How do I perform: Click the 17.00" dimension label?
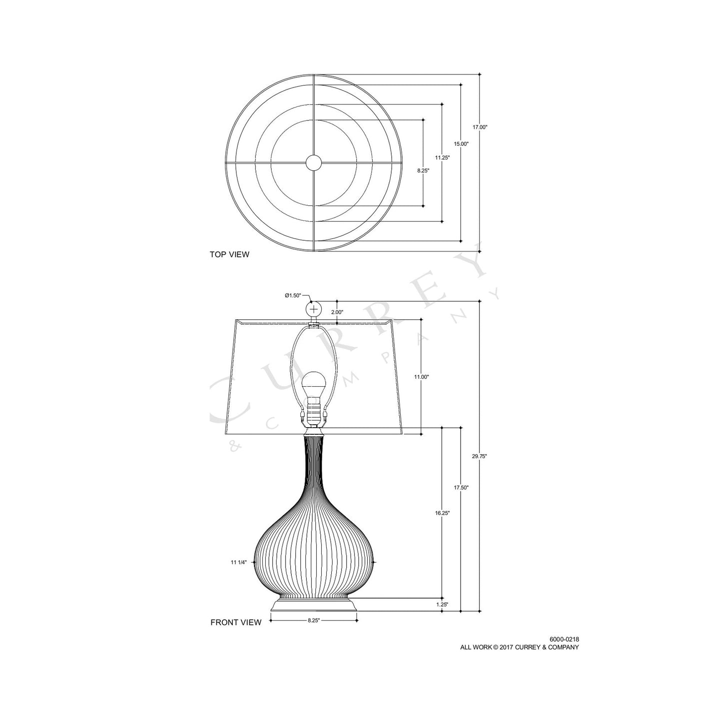click(x=480, y=127)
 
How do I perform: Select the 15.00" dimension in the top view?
click(x=461, y=144)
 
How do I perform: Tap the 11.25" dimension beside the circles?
click(x=442, y=157)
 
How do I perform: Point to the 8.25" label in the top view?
click(x=423, y=170)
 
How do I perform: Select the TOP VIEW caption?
click(x=229, y=255)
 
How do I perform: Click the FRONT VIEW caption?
click(x=235, y=623)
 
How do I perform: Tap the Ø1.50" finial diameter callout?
click(x=293, y=295)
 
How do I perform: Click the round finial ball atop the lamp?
click(x=313, y=309)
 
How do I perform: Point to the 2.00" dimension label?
click(x=337, y=312)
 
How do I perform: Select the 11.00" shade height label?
click(x=421, y=377)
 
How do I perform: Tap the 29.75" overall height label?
click(x=480, y=456)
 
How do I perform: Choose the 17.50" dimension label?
click(x=461, y=488)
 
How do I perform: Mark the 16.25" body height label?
click(x=442, y=513)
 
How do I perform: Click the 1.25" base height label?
click(x=442, y=605)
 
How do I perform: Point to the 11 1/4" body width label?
click(x=239, y=562)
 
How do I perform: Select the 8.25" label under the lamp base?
click(x=313, y=621)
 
